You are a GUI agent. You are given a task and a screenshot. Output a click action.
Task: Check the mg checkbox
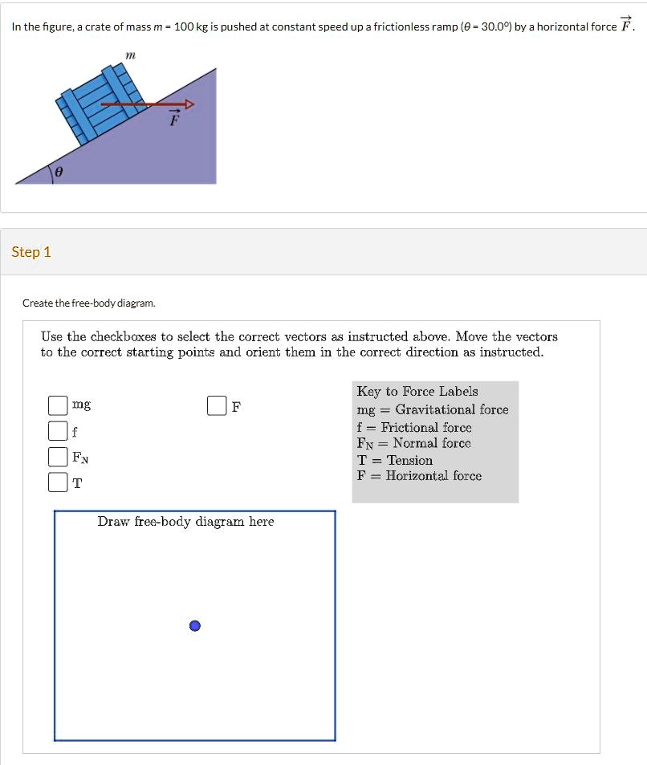(x=57, y=406)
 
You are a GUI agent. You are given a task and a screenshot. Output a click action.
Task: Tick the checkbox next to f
(x=57, y=431)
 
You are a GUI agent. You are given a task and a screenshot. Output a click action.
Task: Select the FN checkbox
(x=57, y=457)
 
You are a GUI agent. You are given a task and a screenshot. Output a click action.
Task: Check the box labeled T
(x=57, y=482)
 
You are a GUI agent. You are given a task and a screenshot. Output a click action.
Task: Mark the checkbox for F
(x=217, y=406)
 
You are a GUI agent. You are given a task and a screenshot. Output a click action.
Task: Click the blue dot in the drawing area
(x=195, y=626)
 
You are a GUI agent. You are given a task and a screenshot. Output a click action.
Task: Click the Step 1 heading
(x=31, y=252)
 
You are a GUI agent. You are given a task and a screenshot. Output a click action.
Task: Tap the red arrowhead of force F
(x=189, y=104)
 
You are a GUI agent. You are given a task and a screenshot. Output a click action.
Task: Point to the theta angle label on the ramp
(x=59, y=172)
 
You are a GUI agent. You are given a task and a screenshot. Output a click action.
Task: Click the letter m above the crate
(x=131, y=54)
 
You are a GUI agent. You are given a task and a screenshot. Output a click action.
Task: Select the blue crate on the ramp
(x=94, y=106)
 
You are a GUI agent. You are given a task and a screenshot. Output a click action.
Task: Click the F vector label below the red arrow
(x=173, y=120)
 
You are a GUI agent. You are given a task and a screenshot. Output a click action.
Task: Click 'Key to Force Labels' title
(x=417, y=392)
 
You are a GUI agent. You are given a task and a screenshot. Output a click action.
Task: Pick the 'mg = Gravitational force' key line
(x=433, y=409)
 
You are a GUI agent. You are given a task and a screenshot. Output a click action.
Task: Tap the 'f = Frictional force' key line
(x=414, y=427)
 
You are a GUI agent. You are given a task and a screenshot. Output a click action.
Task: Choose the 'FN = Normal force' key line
(x=414, y=443)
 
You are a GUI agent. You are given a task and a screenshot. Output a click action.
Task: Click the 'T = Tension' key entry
(x=395, y=460)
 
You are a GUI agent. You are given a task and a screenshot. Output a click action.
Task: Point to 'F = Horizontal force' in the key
(x=420, y=476)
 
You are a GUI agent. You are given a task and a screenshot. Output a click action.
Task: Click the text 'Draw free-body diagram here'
(x=185, y=522)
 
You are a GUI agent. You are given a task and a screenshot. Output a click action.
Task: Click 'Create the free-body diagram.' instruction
(x=89, y=303)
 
